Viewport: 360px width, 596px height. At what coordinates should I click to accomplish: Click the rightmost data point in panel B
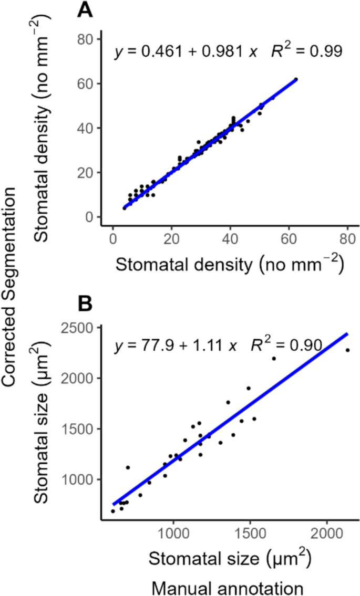point(347,350)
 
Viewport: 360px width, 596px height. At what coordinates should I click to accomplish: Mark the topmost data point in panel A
point(296,79)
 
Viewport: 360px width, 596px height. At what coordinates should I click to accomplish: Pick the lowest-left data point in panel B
point(112,511)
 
